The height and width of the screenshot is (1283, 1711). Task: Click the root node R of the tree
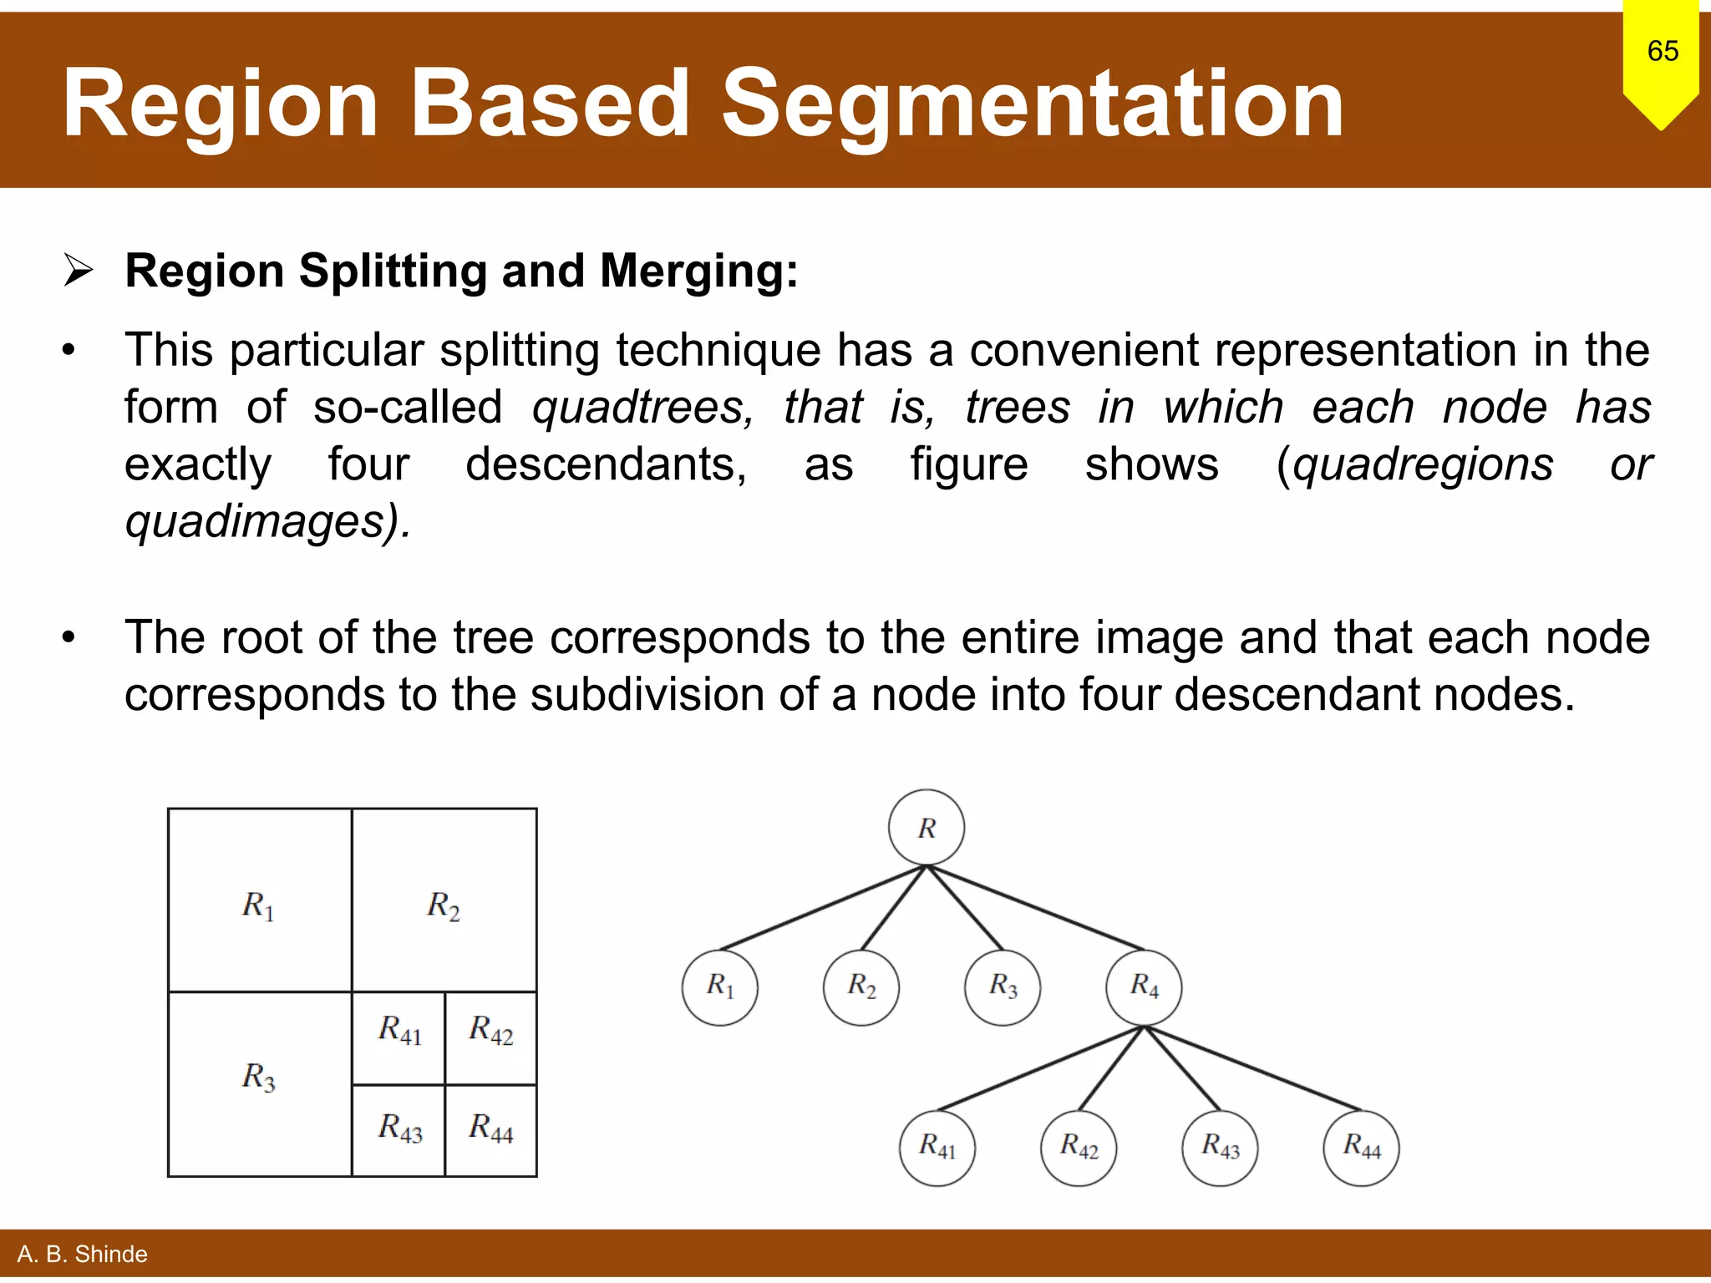tap(926, 827)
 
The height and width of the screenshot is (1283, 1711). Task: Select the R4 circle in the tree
tap(1144, 987)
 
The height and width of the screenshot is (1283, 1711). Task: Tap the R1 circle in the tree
tap(719, 987)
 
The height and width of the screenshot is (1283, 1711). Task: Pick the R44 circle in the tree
tap(1361, 1148)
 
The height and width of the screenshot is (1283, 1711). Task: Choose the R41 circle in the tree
tap(937, 1148)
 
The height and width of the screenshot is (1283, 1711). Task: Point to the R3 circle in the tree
tap(1003, 987)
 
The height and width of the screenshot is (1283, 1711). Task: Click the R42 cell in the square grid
tap(490, 1037)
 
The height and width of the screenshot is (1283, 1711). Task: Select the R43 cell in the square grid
tap(399, 1130)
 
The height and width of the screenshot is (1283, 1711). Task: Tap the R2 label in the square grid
tap(444, 905)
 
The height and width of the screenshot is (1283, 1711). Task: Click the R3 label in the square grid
tap(259, 1077)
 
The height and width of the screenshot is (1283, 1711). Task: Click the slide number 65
tap(1663, 51)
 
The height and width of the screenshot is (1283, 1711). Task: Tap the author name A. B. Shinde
tap(82, 1254)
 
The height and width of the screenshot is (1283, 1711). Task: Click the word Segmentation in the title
tap(1033, 104)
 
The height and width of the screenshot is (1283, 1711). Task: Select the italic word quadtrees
tap(642, 408)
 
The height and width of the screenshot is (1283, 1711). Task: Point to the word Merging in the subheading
tap(698, 271)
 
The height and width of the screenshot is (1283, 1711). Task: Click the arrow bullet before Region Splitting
tap(79, 271)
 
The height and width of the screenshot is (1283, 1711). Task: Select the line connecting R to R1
tap(823, 908)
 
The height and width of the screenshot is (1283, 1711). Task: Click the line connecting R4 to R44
tap(1253, 1068)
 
